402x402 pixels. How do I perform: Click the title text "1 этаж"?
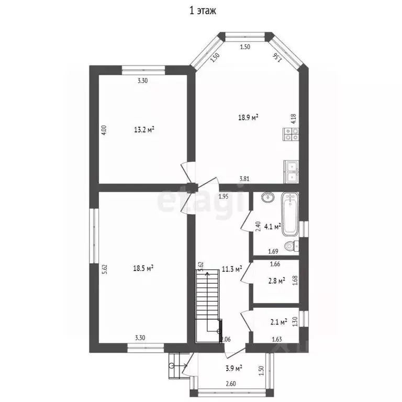tap(203, 11)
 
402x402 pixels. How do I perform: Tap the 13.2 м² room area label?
tap(144, 129)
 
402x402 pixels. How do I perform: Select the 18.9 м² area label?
tap(248, 117)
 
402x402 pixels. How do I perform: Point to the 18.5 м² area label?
tap(143, 268)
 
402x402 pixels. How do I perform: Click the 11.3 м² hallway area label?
tap(232, 269)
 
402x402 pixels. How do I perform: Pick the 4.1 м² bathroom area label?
tap(273, 226)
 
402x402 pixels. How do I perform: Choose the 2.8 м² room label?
tap(277, 281)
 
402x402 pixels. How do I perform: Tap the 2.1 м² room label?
tap(278, 322)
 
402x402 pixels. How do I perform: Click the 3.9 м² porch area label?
tap(234, 368)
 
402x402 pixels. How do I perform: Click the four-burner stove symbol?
tap(291, 134)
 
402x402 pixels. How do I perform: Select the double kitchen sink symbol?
tap(291, 172)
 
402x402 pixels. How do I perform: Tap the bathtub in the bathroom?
tap(290, 215)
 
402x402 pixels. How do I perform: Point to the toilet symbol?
tap(292, 247)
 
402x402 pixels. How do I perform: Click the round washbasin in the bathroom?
tap(268, 197)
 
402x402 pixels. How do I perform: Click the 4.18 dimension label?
tap(294, 118)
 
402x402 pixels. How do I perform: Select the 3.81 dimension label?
tap(244, 179)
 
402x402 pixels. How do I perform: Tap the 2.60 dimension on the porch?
tap(231, 384)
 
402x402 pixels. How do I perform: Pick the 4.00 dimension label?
tap(104, 130)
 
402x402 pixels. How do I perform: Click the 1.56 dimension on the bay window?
tap(277, 58)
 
